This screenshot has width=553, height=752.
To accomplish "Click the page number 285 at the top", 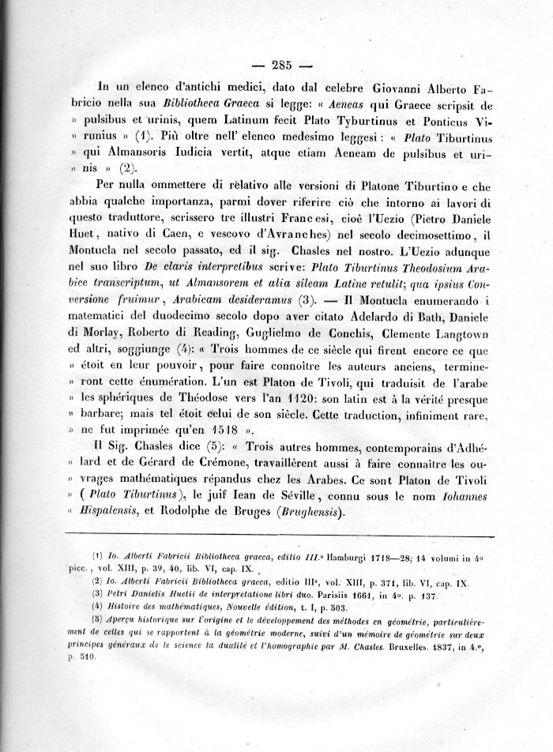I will (281, 66).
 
